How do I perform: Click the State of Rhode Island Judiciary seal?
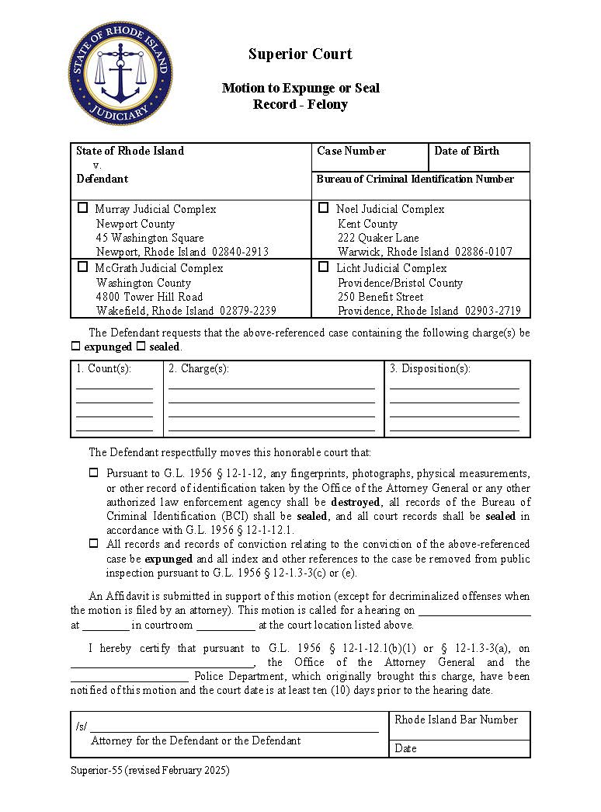coord(120,72)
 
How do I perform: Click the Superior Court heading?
coord(300,54)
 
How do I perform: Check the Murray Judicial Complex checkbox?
coord(83,208)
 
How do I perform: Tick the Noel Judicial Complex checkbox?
coord(324,208)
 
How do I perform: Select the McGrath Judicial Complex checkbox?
coord(83,267)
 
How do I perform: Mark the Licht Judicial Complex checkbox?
coord(324,267)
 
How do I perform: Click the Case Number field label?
coord(351,151)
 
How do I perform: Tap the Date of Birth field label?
coord(466,151)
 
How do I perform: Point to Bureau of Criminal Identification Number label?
coord(415,179)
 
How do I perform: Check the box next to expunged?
coord(75,347)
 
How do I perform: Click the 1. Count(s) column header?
coord(104,368)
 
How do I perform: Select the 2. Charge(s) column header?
coord(199,368)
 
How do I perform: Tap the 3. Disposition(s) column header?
coord(429,368)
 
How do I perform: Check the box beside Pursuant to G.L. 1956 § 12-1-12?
coord(93,472)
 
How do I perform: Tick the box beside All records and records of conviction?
coord(93,544)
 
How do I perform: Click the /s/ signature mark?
coord(81,727)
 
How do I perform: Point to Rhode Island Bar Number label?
coord(456,720)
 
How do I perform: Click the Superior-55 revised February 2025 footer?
coord(150,771)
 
